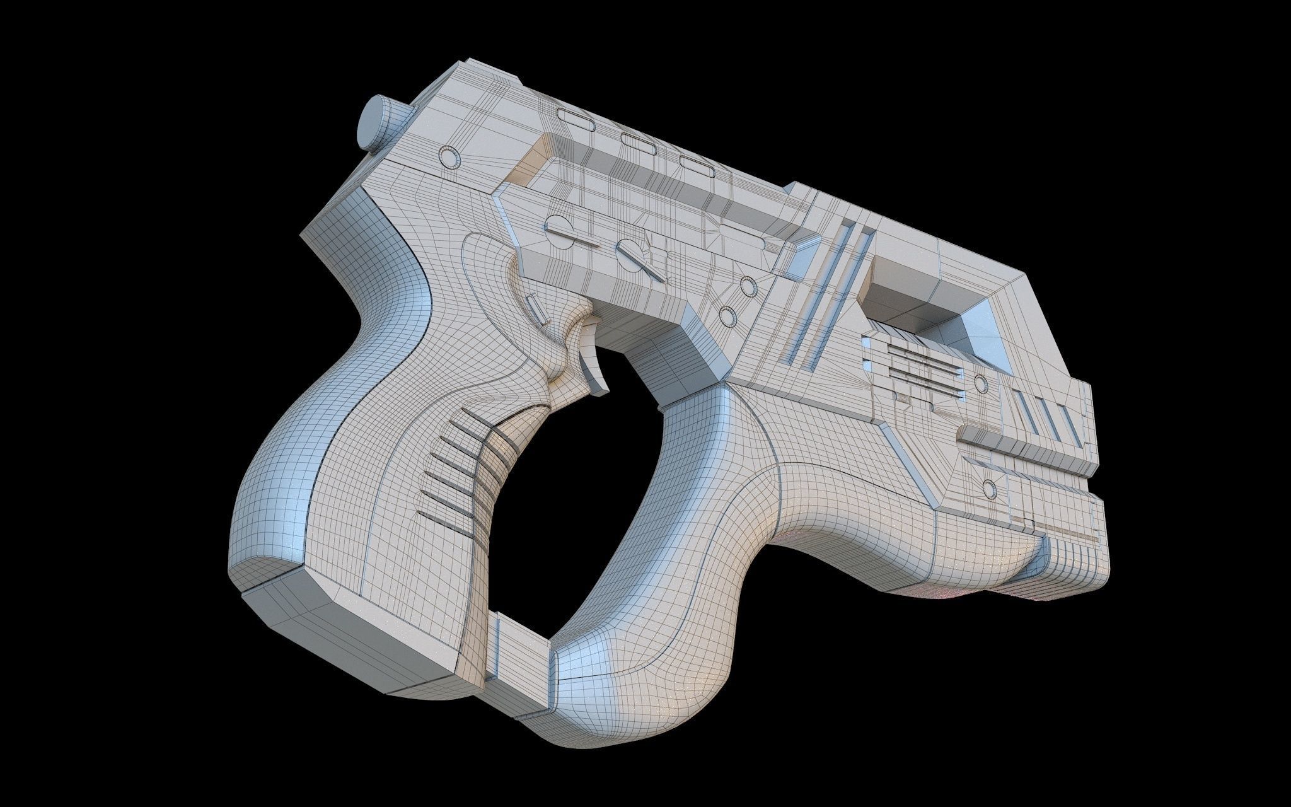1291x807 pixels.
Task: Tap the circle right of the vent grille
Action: point(980,383)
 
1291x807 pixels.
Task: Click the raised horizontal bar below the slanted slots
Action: point(1021,443)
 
